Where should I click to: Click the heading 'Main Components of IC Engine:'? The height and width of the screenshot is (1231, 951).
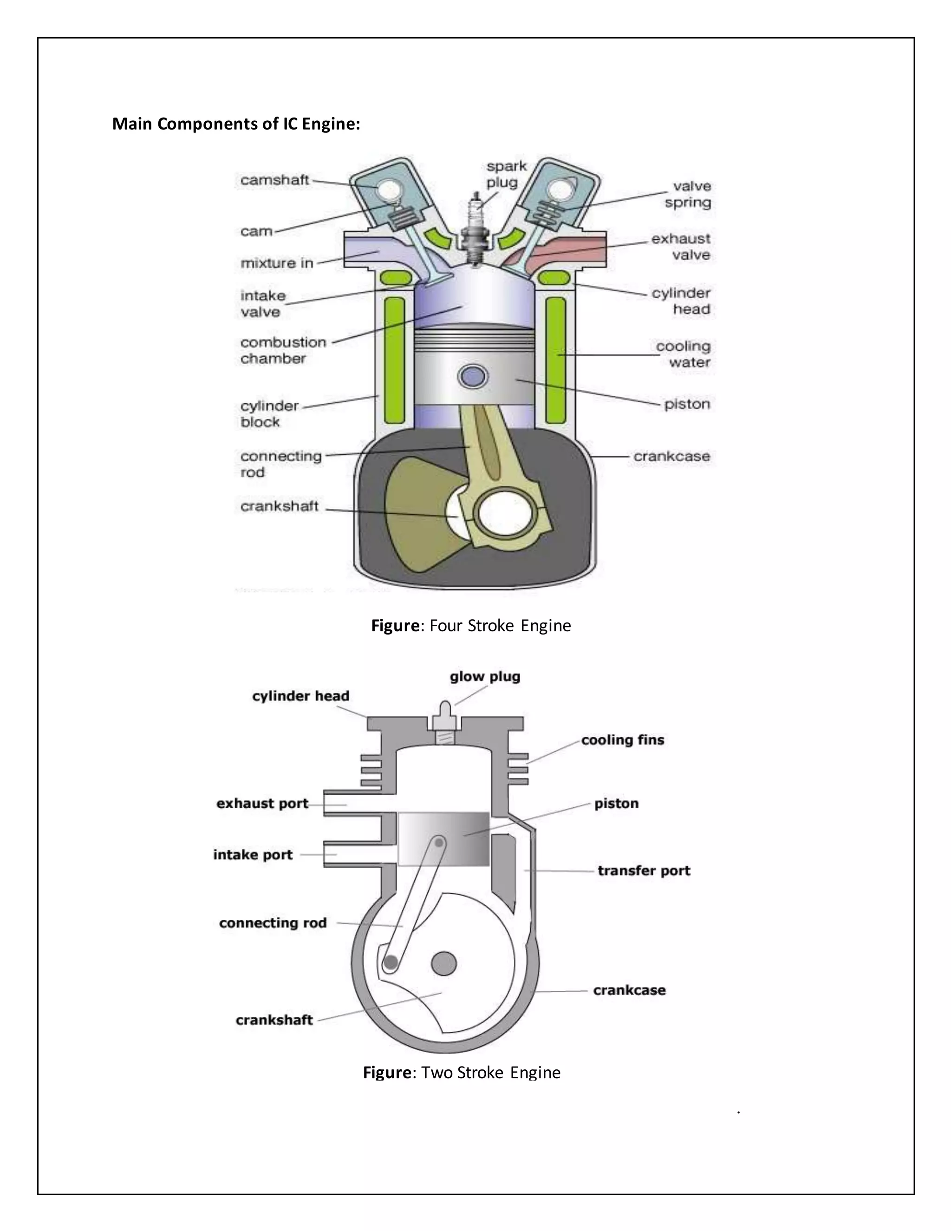click(x=236, y=124)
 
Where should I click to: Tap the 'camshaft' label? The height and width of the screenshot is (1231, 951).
click(x=274, y=180)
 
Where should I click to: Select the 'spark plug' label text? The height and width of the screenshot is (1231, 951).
click(x=505, y=174)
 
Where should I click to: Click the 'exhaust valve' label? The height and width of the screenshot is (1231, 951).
click(x=681, y=247)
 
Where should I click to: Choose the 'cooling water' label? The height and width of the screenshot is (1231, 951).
click(x=683, y=354)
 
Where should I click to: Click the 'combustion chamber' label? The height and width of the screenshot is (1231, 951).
click(x=283, y=350)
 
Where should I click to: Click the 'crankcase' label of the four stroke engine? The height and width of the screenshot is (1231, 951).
click(x=671, y=456)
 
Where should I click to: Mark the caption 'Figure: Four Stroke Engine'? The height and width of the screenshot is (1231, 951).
click(x=471, y=626)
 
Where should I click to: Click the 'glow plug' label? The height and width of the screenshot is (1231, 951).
click(x=484, y=676)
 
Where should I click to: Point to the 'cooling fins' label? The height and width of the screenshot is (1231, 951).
click(x=623, y=740)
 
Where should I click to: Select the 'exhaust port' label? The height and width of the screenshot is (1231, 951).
click(x=262, y=803)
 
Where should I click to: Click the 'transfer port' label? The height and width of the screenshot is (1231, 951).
click(x=644, y=871)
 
